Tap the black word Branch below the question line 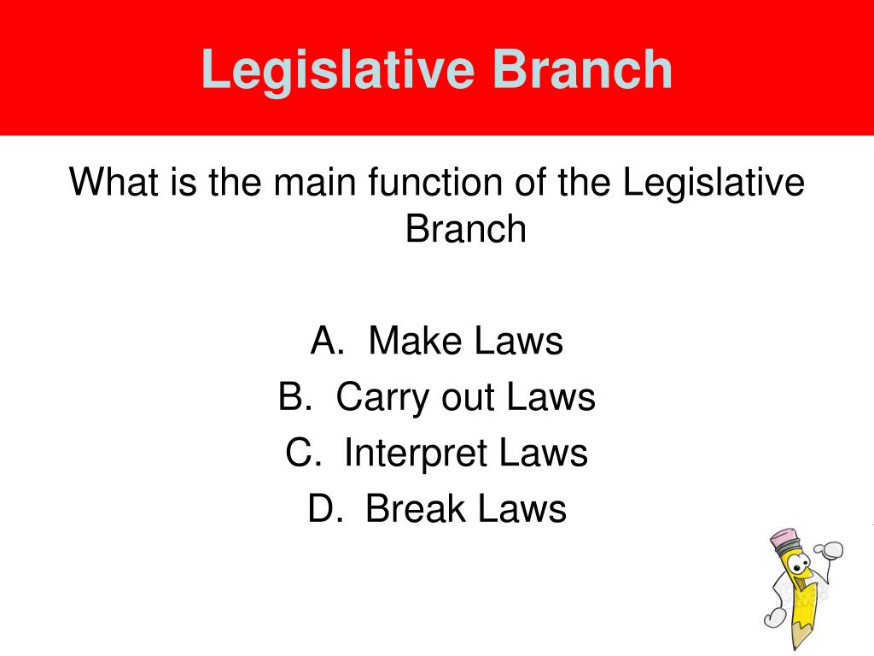coord(466,228)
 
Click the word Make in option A coord(414,342)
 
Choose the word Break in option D coord(414,509)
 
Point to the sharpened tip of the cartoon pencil coord(799,643)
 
